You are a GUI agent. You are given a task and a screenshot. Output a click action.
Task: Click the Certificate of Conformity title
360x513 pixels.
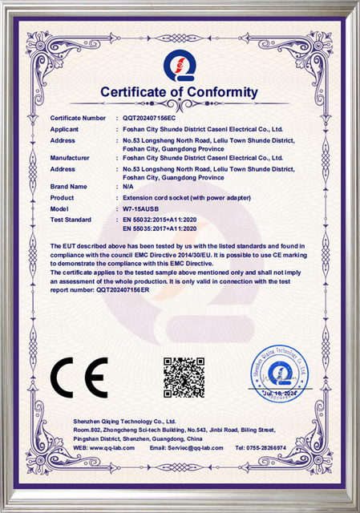point(180,93)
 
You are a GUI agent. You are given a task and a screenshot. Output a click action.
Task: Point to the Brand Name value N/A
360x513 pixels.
point(127,186)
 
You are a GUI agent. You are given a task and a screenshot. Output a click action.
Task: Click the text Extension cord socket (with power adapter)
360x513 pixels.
point(184,196)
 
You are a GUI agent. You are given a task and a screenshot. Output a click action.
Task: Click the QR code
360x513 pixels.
point(184,378)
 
